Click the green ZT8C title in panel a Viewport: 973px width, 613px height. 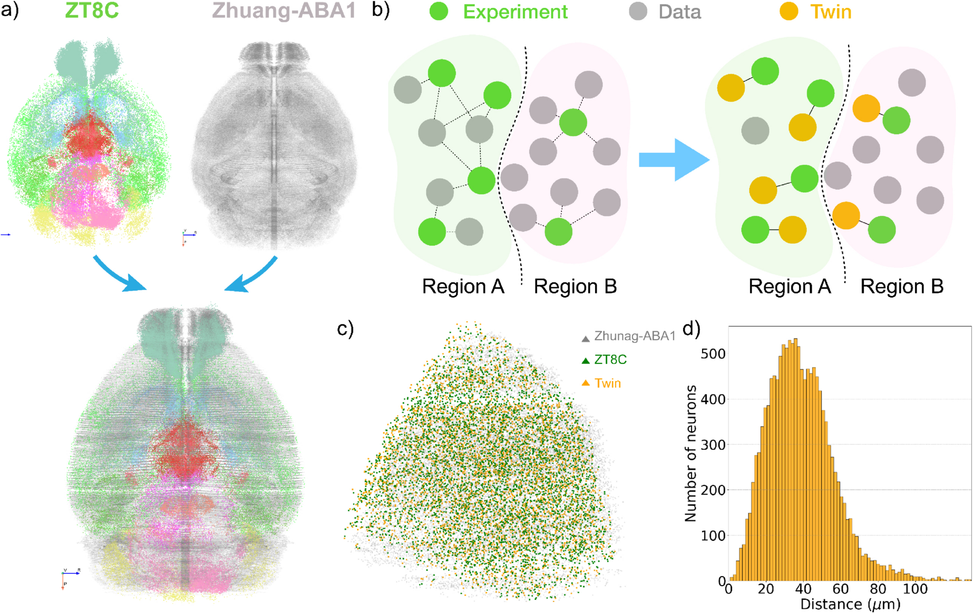pos(92,11)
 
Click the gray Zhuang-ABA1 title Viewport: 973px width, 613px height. pos(284,11)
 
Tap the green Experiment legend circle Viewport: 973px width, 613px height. pos(439,11)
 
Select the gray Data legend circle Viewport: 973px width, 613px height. pos(638,11)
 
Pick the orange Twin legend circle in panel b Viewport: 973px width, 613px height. pos(789,11)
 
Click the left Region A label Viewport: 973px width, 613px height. pos(463,286)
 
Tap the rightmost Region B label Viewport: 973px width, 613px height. pos(901,286)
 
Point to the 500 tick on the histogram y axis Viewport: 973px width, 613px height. pos(713,354)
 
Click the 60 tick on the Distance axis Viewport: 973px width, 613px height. pos(840,589)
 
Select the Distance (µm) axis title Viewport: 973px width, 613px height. pos(850,604)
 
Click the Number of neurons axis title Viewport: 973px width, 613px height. pos(690,453)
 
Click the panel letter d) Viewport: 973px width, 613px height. pos(692,329)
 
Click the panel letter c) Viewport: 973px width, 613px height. pos(345,329)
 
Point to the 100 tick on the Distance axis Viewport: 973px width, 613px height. pos(915,589)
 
